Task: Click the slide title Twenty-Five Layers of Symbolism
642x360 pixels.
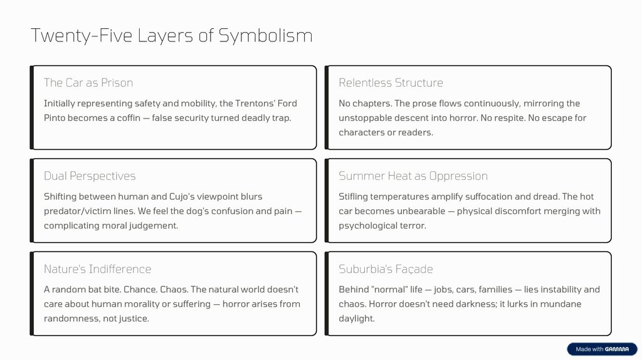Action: [171, 36]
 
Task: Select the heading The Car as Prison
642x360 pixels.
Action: [88, 83]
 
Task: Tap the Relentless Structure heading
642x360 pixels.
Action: [391, 83]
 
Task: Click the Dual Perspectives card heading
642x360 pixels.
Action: [90, 176]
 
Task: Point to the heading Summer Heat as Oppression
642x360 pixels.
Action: [413, 176]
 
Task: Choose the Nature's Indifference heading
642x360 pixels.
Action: [97, 269]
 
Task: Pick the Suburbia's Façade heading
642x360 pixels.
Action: [386, 269]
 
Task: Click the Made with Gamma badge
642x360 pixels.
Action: [601, 349]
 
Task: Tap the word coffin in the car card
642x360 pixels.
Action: [132, 118]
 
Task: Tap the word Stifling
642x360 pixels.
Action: [354, 197]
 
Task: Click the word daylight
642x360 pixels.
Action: [355, 319]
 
